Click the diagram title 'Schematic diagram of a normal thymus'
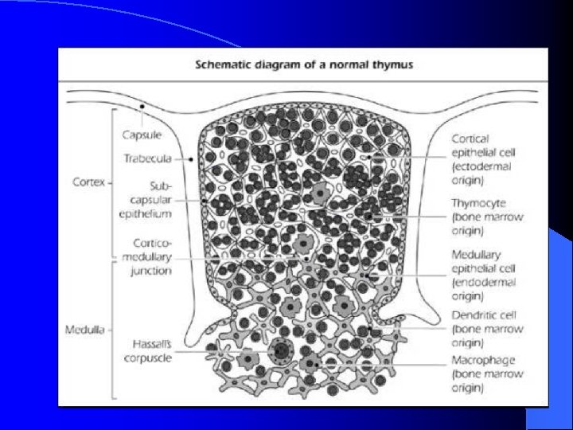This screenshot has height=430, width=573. (304, 64)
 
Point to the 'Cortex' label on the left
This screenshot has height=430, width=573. (88, 182)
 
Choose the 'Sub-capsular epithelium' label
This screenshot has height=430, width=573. (148, 198)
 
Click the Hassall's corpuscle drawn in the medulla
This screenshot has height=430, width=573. (281, 350)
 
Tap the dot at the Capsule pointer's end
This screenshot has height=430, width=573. (141, 107)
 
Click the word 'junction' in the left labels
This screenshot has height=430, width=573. (152, 271)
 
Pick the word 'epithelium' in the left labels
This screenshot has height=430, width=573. (146, 213)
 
